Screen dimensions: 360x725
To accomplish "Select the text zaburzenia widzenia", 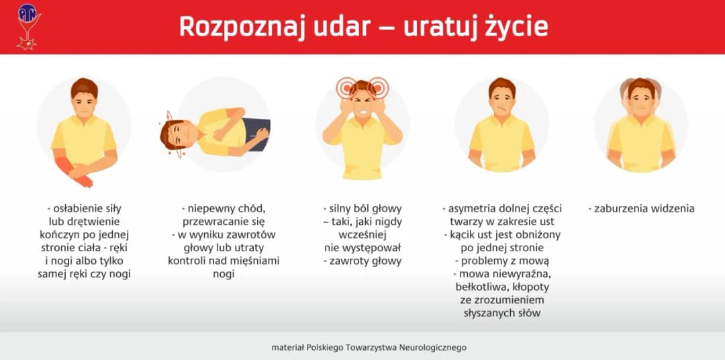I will [644, 208].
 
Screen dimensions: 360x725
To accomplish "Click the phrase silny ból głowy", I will [363, 208].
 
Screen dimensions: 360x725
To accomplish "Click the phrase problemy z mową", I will [501, 261].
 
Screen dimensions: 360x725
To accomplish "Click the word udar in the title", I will [346, 27].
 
